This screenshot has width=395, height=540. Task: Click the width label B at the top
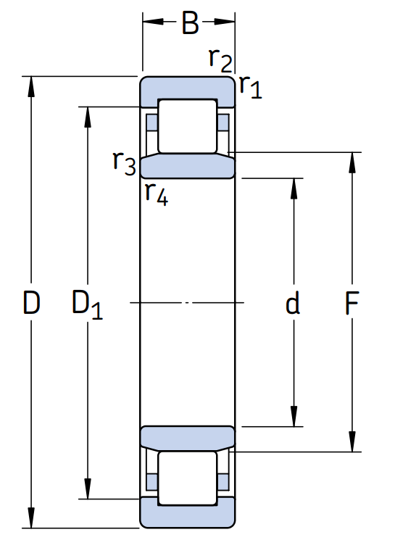click(x=190, y=22)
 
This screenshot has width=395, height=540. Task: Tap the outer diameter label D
click(x=31, y=302)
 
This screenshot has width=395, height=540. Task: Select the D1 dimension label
click(x=87, y=304)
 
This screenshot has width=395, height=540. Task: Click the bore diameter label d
click(x=293, y=302)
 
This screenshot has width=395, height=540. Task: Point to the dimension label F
click(x=352, y=303)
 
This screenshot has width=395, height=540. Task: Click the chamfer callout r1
click(x=251, y=87)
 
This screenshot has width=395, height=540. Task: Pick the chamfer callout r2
click(x=221, y=60)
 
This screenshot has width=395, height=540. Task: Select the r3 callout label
click(x=125, y=163)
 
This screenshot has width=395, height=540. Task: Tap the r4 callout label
click(x=157, y=194)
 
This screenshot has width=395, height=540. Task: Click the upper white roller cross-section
click(x=188, y=126)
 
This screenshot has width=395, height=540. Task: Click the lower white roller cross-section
click(x=188, y=478)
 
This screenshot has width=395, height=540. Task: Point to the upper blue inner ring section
click(x=188, y=167)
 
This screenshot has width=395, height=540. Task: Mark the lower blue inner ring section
click(x=188, y=438)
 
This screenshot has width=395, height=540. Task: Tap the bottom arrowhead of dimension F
click(x=352, y=441)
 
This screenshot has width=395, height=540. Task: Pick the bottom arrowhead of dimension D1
click(x=88, y=489)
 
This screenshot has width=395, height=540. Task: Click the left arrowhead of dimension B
click(x=153, y=21)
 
